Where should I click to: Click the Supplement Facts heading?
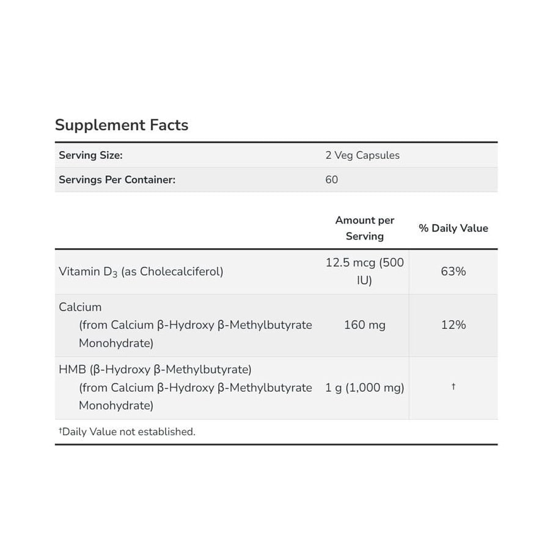122,125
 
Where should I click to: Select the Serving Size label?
90,155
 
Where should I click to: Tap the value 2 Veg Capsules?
362,155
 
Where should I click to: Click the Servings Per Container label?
117,180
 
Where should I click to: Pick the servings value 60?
331,180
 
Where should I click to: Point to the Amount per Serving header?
365,228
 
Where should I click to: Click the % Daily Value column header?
453,228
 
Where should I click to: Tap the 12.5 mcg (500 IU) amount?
365,271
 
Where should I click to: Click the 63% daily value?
453,271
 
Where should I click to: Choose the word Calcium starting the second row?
80,307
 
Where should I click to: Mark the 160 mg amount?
365,325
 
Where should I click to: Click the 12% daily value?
453,325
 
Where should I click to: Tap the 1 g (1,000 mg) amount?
365,387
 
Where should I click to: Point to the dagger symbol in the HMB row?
453,387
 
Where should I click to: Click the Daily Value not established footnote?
127,431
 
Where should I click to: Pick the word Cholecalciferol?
182,272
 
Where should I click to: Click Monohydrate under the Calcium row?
116,343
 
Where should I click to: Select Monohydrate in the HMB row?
116,405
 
